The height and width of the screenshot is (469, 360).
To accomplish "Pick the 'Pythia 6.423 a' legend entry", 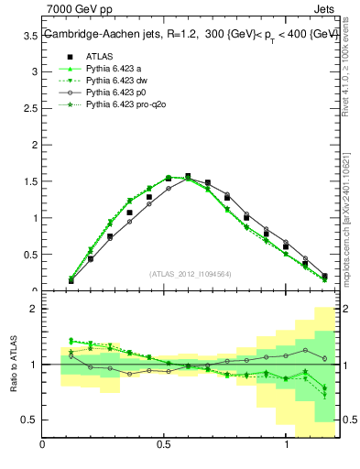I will pyautogui.click(x=111, y=68).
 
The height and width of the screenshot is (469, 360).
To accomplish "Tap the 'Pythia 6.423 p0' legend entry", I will pyautogui.click(x=113, y=93).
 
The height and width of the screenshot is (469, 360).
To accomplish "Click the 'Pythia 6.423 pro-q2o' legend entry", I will pyautogui.click(x=122, y=106).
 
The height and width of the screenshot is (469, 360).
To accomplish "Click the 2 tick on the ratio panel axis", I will pyautogui.click(x=34, y=309).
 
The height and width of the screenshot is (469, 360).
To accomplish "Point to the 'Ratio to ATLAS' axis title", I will pyautogui.click(x=12, y=365).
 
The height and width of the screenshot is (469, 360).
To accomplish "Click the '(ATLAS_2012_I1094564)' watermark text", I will pyautogui.click(x=190, y=274).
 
